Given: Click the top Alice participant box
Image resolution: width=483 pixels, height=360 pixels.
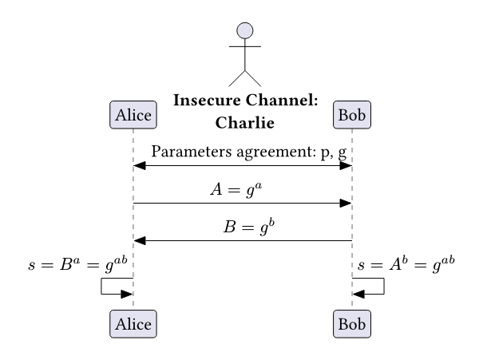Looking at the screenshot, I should (x=133, y=115).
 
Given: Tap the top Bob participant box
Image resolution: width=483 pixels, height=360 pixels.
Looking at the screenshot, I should (x=352, y=115).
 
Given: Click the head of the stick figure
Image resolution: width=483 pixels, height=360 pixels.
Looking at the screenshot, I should (x=245, y=31).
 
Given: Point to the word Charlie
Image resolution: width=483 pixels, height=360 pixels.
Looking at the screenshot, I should (x=245, y=123).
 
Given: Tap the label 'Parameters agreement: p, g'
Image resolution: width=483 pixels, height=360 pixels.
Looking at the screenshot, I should (x=248, y=152).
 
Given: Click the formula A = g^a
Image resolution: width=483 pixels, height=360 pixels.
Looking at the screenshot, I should (x=243, y=188).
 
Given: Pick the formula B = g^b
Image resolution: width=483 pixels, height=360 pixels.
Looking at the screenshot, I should (x=243, y=226).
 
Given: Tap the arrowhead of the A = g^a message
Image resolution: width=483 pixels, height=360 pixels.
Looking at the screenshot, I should (x=346, y=204).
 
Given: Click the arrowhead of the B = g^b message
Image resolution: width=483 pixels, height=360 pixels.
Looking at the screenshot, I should (x=139, y=240).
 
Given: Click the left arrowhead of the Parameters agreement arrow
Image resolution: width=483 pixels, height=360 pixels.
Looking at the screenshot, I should (x=139, y=165).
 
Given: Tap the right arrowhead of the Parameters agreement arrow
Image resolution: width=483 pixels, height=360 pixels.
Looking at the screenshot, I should (x=346, y=165).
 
